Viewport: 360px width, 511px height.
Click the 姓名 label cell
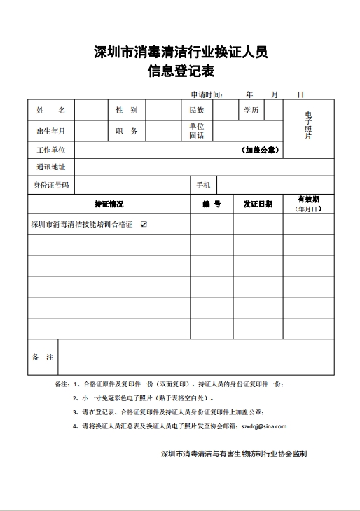[51, 111]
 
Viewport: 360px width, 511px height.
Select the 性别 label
[126, 111]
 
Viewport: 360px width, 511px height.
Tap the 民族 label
[196, 111]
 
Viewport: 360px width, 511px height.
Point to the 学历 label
[251, 111]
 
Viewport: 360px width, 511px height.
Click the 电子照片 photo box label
[308, 125]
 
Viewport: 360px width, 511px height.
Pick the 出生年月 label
[50, 131]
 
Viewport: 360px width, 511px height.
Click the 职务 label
[126, 131]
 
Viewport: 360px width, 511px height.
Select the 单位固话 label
[196, 131]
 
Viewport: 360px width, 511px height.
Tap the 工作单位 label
[50, 150]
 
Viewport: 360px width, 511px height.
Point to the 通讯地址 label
[50, 167]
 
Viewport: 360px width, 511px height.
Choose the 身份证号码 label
[50, 185]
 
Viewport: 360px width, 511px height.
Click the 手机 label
[203, 185]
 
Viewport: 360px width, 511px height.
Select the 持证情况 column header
[109, 204]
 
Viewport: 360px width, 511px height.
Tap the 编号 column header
[212, 204]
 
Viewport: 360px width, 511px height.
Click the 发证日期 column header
[258, 204]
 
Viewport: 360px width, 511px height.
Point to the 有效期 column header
[308, 200]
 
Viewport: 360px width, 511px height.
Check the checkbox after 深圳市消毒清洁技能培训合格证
[144, 225]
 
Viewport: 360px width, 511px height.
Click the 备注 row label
[43, 358]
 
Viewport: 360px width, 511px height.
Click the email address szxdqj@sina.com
[263, 426]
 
